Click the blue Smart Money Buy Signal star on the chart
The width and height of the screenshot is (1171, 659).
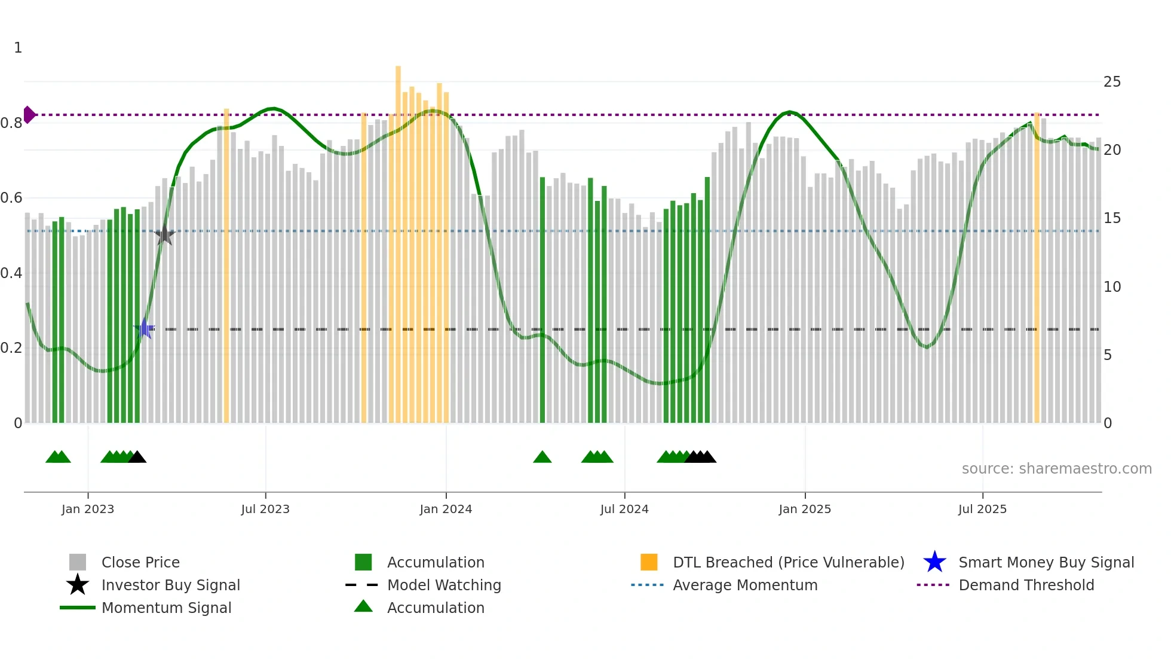[144, 328]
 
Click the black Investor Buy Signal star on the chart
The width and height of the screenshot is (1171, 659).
[164, 235]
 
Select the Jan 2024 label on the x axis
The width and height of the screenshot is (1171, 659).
[446, 509]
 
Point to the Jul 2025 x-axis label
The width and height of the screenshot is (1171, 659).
[982, 509]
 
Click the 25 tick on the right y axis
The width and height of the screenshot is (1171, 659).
[1112, 82]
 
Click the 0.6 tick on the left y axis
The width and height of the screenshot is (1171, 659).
[11, 198]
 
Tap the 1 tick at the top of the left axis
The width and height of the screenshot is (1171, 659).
[18, 48]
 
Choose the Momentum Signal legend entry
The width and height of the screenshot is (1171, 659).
[166, 608]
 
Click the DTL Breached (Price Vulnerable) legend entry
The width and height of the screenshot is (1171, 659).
[788, 562]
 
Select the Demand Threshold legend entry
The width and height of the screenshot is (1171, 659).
[1026, 585]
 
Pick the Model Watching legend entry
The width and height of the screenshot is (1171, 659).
[444, 585]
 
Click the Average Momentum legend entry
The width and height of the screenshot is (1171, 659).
[745, 585]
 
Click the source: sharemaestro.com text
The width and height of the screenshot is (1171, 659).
[1056, 468]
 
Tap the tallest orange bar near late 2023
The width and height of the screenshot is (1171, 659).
[398, 239]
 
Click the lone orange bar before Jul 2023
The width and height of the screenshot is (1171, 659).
[226, 263]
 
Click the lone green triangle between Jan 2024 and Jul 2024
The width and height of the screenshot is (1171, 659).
[542, 457]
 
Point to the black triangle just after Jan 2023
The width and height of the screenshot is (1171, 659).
[137, 457]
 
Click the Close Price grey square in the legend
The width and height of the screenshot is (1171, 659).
[78, 562]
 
